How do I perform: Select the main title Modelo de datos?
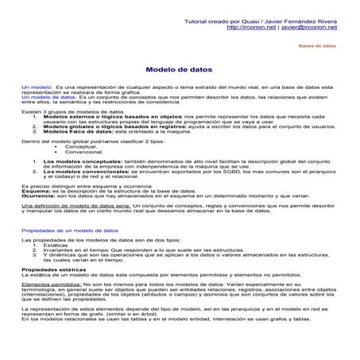click(180, 70)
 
